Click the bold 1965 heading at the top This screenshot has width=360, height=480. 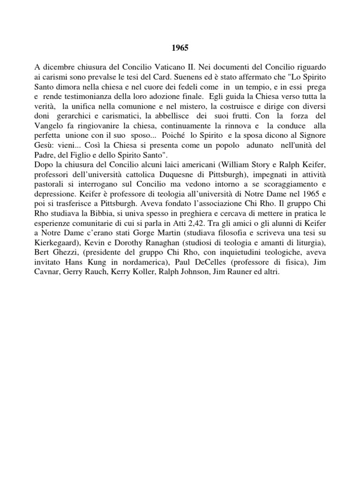click(180, 47)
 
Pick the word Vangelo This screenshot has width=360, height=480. click(49, 127)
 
